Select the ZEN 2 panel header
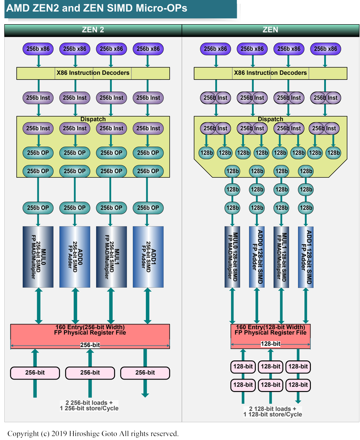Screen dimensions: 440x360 (x=92, y=30)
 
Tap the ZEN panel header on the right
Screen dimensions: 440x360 (x=270, y=30)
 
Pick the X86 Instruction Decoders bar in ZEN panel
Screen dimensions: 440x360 (x=270, y=73)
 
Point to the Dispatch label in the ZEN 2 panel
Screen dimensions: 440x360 (x=92, y=119)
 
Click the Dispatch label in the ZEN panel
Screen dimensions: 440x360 (x=270, y=119)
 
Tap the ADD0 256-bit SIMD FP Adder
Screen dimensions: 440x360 (x=74, y=256)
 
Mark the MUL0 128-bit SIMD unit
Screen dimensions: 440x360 (x=233, y=256)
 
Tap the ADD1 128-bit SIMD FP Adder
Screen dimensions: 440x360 (x=306, y=256)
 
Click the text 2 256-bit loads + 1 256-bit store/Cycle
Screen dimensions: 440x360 (x=89, y=405)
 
